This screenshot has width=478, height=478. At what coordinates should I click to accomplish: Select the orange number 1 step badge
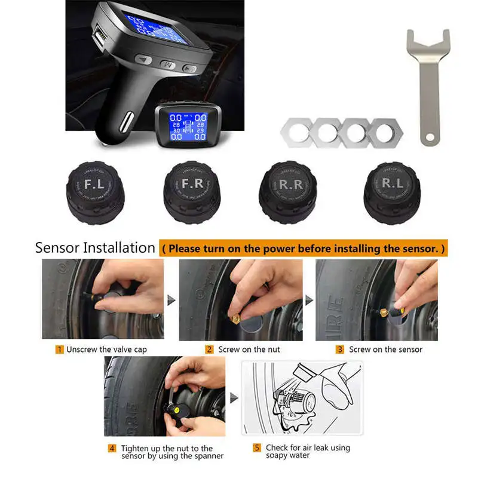point(60,350)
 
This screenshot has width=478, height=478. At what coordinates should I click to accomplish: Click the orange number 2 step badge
point(209,350)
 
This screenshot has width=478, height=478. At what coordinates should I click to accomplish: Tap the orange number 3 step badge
point(339,350)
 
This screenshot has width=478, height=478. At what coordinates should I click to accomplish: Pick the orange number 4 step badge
point(112,448)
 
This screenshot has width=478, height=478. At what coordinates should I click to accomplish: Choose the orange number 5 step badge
point(257,448)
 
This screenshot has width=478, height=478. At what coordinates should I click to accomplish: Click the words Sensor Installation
point(95,248)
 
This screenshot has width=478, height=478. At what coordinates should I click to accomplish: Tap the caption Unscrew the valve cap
point(106,350)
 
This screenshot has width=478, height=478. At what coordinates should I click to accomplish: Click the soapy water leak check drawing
point(301,397)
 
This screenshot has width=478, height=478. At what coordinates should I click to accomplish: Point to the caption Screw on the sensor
point(385,350)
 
